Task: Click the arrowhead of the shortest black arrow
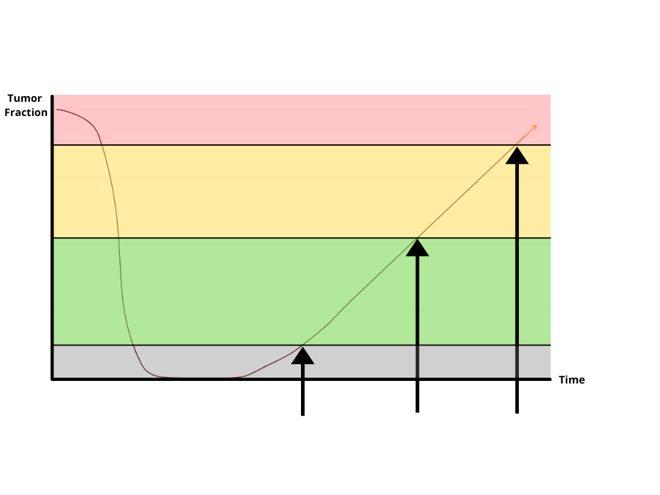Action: pos(303,355)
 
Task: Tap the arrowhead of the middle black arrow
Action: pos(418,248)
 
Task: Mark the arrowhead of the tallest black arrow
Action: pos(516,155)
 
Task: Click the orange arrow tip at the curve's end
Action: pos(535,126)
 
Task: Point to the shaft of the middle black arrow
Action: pos(418,316)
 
